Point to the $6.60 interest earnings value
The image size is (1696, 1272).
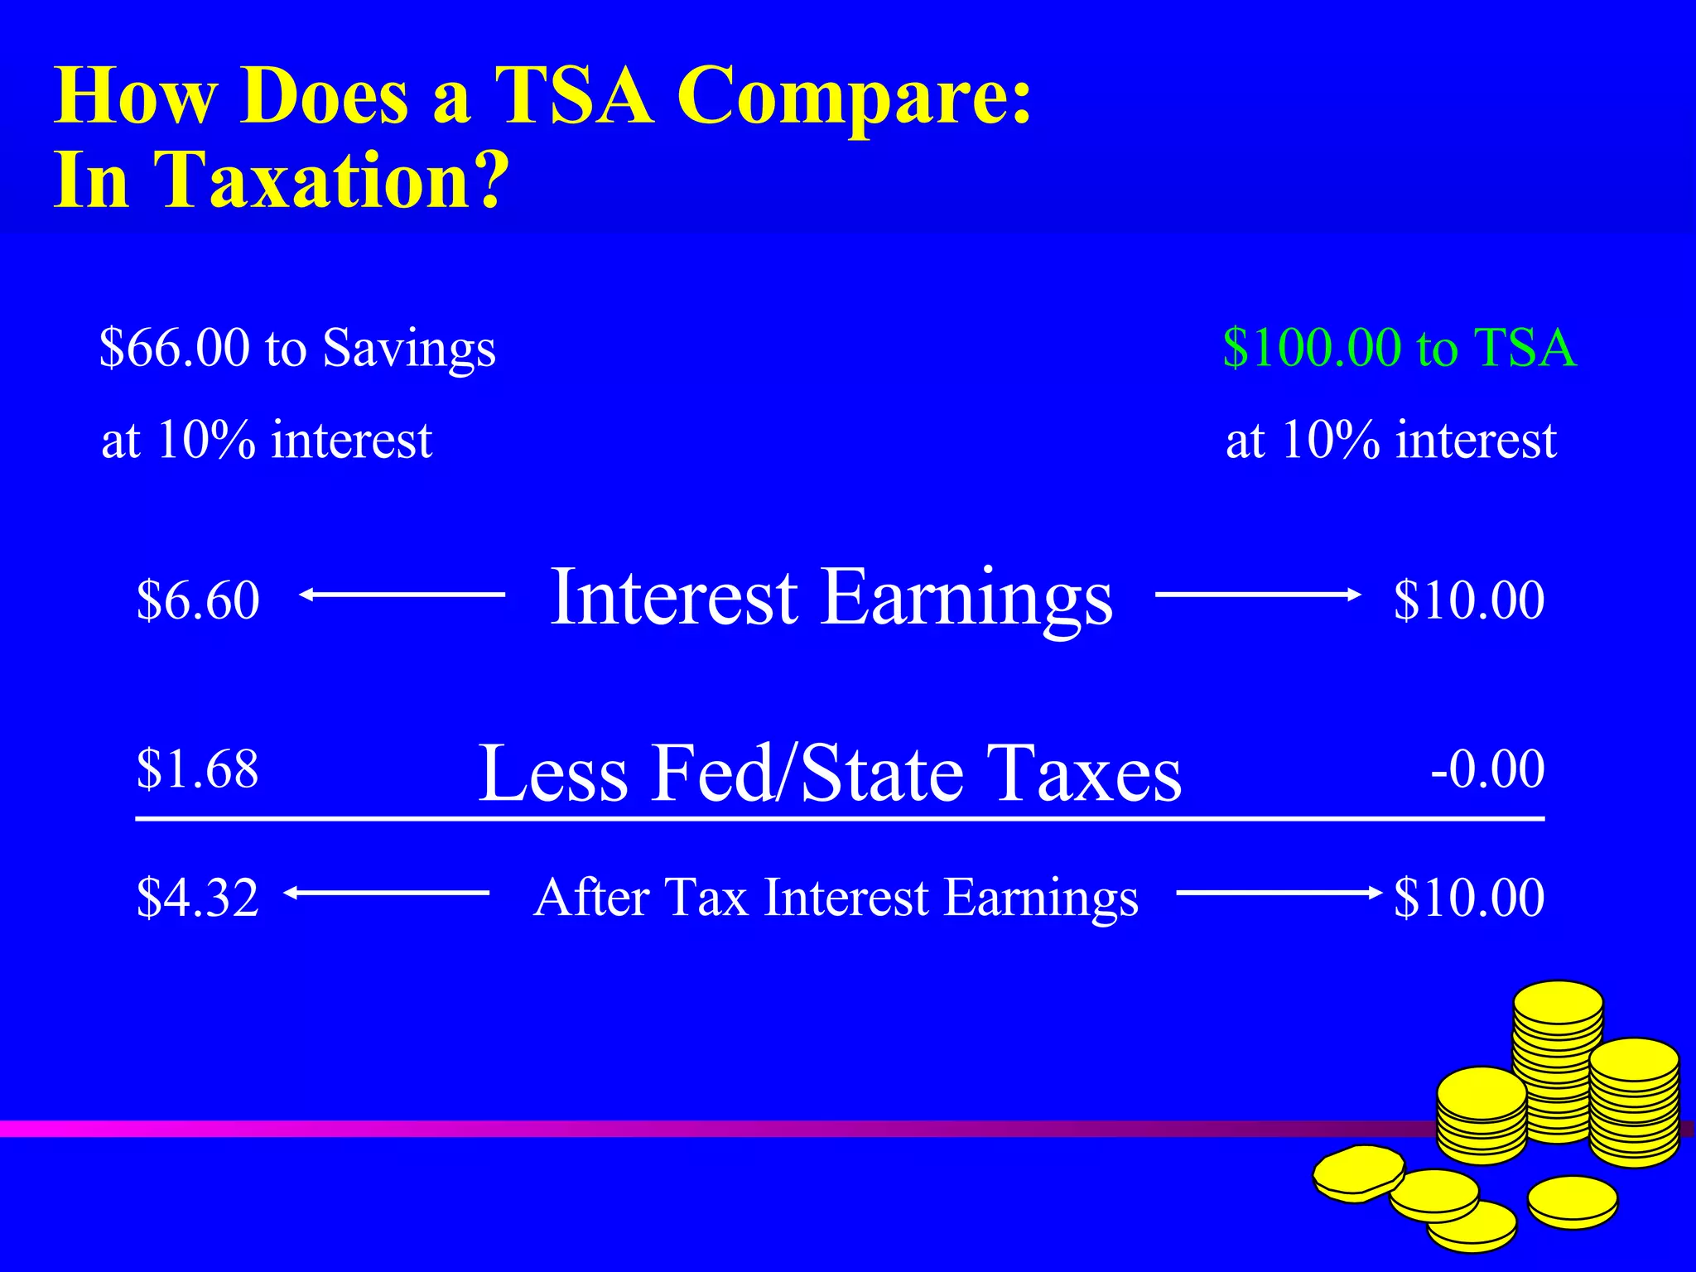click(198, 600)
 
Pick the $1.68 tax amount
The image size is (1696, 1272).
click(198, 768)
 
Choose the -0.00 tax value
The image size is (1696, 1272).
click(1487, 768)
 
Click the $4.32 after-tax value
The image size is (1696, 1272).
click(198, 897)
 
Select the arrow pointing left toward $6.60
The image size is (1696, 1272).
click(402, 594)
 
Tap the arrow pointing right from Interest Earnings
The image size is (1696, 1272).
click(1257, 594)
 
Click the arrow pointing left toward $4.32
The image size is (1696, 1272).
click(386, 892)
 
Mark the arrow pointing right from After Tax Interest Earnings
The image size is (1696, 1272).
click(1278, 892)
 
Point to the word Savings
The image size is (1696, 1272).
click(409, 349)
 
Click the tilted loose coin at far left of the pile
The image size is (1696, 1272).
click(1358, 1172)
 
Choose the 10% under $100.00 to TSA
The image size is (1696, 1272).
click(1330, 440)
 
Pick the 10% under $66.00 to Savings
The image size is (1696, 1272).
click(205, 440)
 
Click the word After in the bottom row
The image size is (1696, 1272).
click(590, 897)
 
